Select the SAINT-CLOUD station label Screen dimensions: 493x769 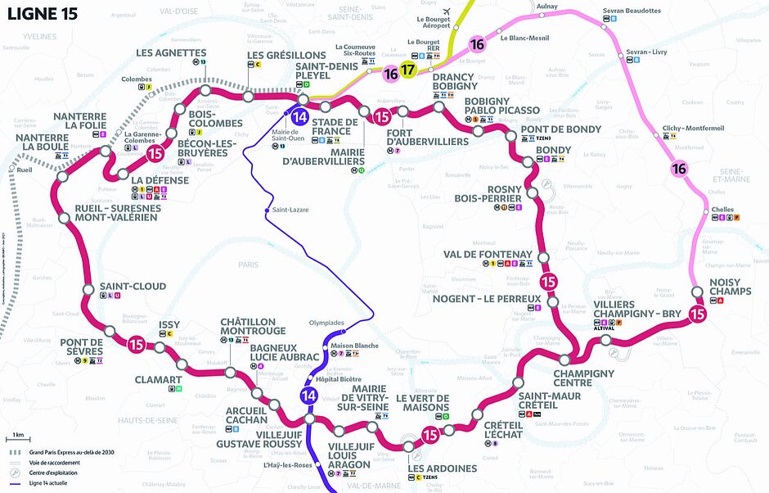coord(133,287)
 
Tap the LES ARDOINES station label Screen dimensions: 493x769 coord(442,468)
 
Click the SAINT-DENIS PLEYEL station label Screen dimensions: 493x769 coord(324,71)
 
